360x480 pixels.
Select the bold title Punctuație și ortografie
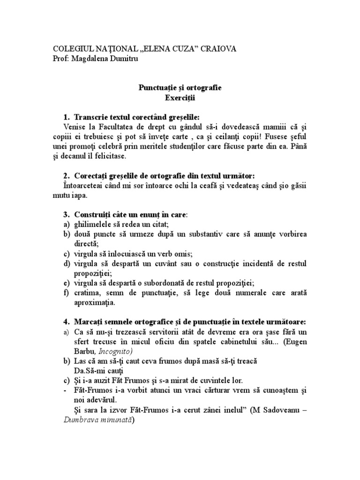click(x=180, y=88)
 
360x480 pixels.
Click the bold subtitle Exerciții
click(x=180, y=98)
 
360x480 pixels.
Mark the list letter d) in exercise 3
click(x=67, y=264)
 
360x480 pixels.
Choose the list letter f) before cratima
click(x=67, y=293)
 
